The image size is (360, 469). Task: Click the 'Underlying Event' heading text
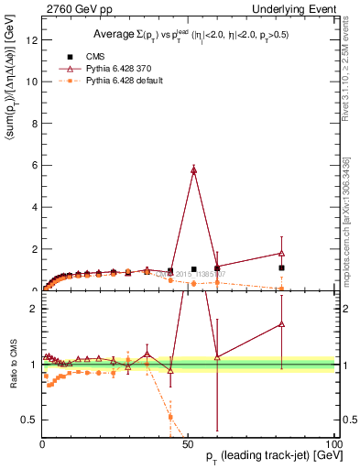click(296, 8)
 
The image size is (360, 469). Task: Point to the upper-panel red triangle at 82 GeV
click(282, 253)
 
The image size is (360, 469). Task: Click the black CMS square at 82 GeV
click(282, 268)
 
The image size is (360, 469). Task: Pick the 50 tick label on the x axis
click(188, 442)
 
